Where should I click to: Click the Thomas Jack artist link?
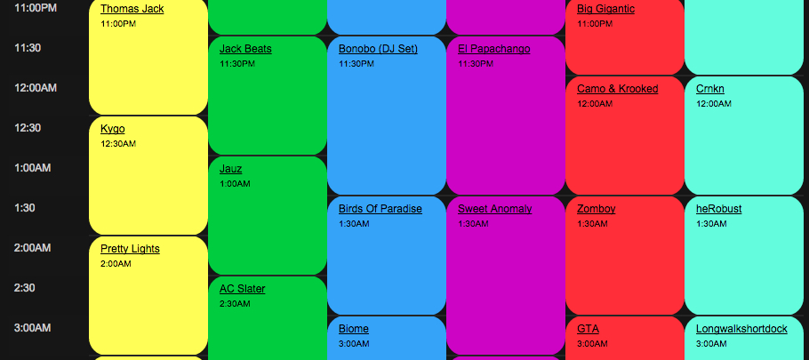tap(132, 9)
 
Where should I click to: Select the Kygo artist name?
tap(113, 129)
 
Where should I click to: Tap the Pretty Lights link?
tap(130, 249)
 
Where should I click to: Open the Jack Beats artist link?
tap(245, 49)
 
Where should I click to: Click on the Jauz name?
tap(230, 169)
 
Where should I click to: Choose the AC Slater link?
tap(242, 289)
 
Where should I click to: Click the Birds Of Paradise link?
tap(380, 209)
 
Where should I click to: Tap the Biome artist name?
tap(354, 329)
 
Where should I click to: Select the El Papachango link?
tap(493, 49)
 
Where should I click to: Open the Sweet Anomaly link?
tap(494, 209)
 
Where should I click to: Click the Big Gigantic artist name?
tap(605, 9)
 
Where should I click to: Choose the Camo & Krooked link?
tap(617, 89)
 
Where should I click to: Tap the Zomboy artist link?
tap(596, 209)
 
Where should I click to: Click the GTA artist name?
tap(588, 329)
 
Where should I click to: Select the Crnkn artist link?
tap(710, 89)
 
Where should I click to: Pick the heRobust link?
tap(718, 209)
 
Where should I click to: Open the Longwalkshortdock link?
tap(741, 329)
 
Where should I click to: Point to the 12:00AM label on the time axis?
tap(36, 87)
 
